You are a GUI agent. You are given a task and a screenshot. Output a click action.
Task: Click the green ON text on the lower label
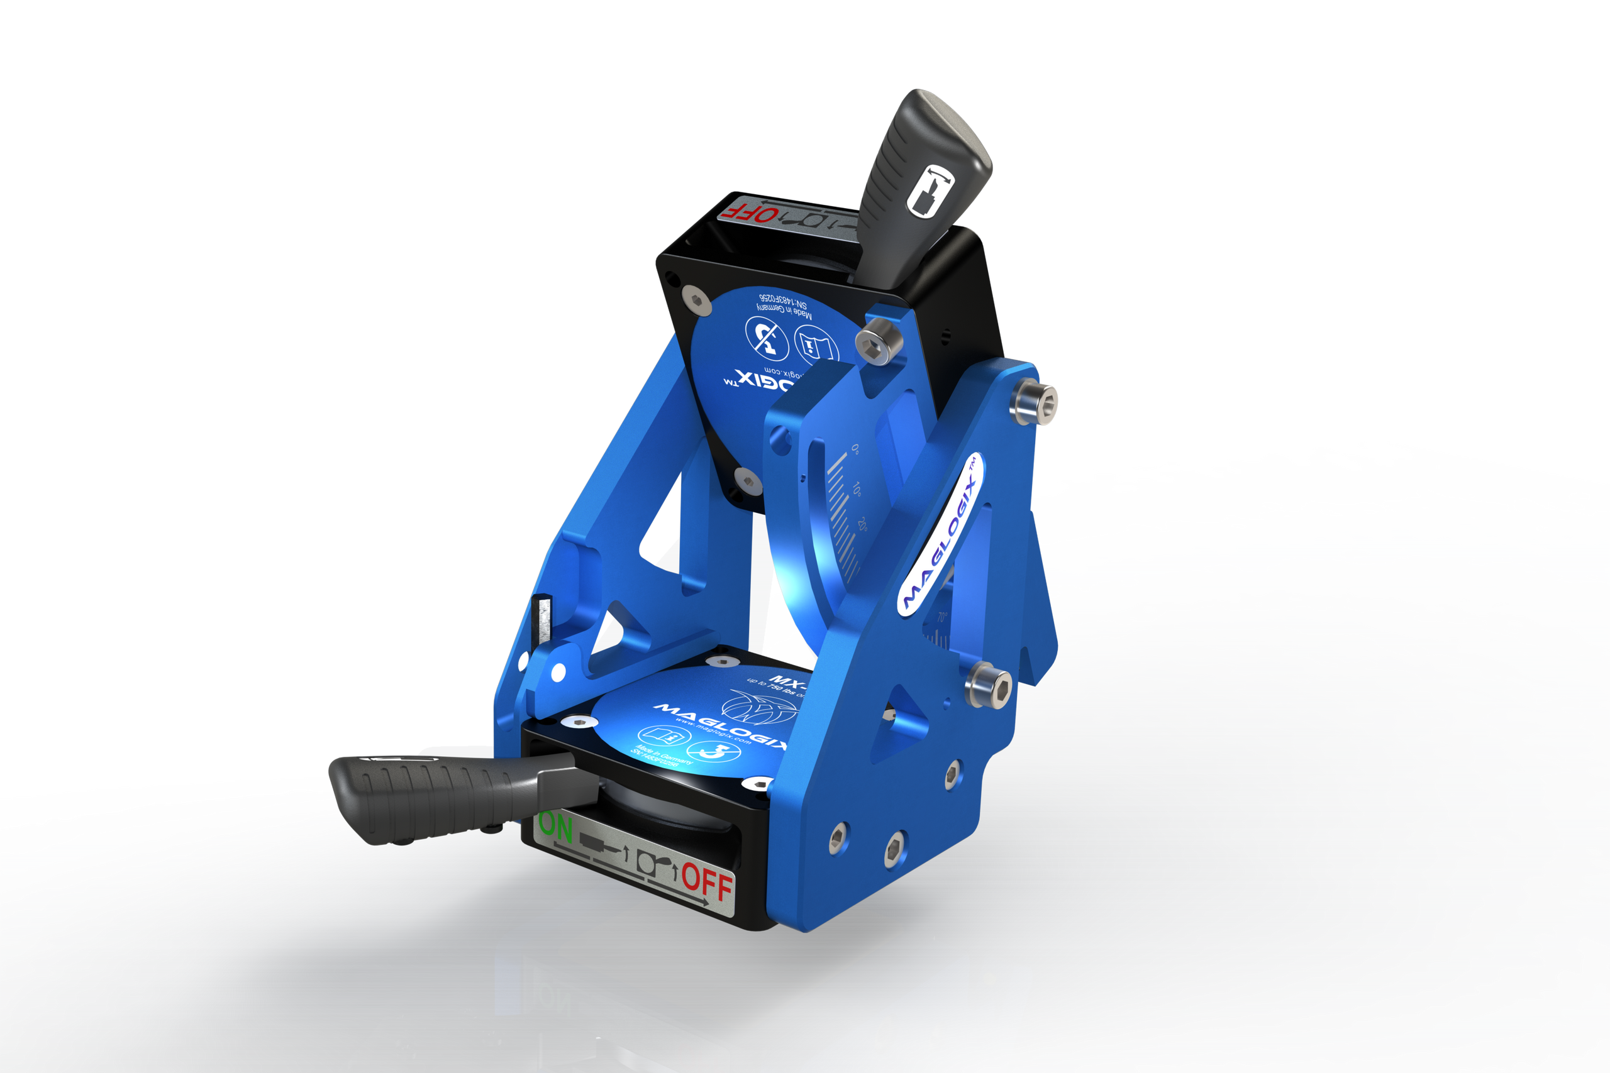pyautogui.click(x=556, y=827)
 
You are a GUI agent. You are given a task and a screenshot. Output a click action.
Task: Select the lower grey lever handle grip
pyautogui.click(x=425, y=796)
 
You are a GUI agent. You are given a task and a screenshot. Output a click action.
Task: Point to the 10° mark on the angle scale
pyautogui.click(x=858, y=489)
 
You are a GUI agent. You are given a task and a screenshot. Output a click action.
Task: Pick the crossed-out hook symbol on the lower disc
pyautogui.click(x=714, y=752)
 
